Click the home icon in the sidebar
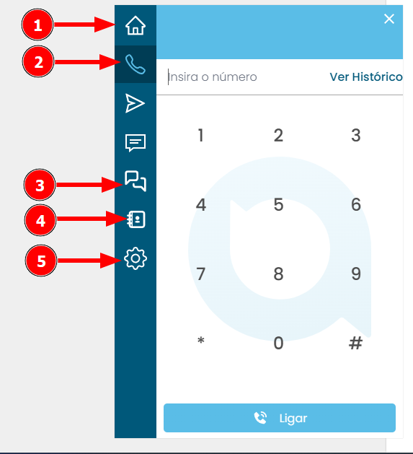click(x=136, y=25)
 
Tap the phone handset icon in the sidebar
click(x=136, y=64)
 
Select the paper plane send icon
click(x=135, y=103)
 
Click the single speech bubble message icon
click(x=136, y=143)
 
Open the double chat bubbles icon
click(x=136, y=181)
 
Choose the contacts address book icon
click(x=136, y=219)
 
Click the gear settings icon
click(x=136, y=258)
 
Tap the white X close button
click(x=389, y=19)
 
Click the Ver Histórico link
click(x=366, y=77)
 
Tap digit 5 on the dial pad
click(x=278, y=205)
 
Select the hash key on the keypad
click(x=356, y=343)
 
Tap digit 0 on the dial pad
click(x=278, y=343)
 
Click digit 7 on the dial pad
click(x=200, y=274)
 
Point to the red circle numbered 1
click(x=37, y=25)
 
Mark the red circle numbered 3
click(x=40, y=185)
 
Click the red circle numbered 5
click(x=41, y=261)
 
